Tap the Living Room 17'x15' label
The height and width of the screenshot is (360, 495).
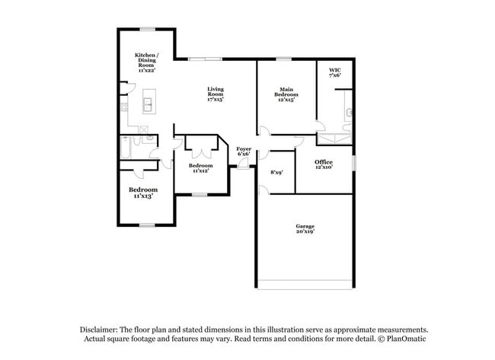(x=216, y=94)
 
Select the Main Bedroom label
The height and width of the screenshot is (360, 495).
(x=285, y=94)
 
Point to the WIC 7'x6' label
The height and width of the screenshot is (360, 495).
(x=334, y=72)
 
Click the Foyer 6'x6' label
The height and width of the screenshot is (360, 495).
(x=244, y=151)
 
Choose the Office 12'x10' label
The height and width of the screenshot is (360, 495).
(x=324, y=164)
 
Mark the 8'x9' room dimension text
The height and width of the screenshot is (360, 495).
(x=276, y=172)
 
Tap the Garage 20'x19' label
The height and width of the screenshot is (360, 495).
(x=305, y=229)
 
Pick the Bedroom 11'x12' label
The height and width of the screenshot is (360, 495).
(x=200, y=167)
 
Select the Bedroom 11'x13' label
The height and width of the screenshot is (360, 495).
(x=142, y=192)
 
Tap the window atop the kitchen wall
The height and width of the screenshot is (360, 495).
(x=147, y=29)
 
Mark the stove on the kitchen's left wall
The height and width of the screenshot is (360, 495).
(x=123, y=107)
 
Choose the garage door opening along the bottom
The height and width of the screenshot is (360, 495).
(x=305, y=287)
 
